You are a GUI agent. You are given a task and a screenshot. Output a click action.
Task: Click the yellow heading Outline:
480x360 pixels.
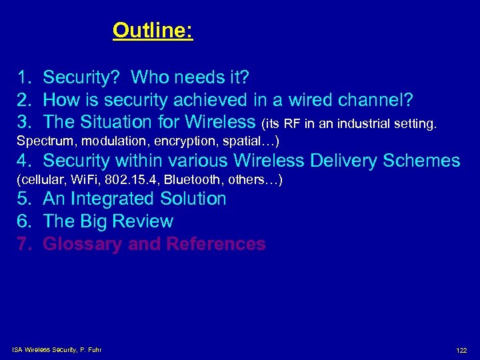[x=153, y=31]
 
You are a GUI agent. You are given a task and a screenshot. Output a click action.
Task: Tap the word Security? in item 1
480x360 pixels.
[x=81, y=78]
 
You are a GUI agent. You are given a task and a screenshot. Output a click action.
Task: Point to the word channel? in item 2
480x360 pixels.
[x=378, y=100]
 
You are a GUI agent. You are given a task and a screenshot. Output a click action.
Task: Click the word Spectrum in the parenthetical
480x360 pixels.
[x=41, y=141]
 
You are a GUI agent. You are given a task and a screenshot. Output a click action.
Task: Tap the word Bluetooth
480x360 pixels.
[x=189, y=180]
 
